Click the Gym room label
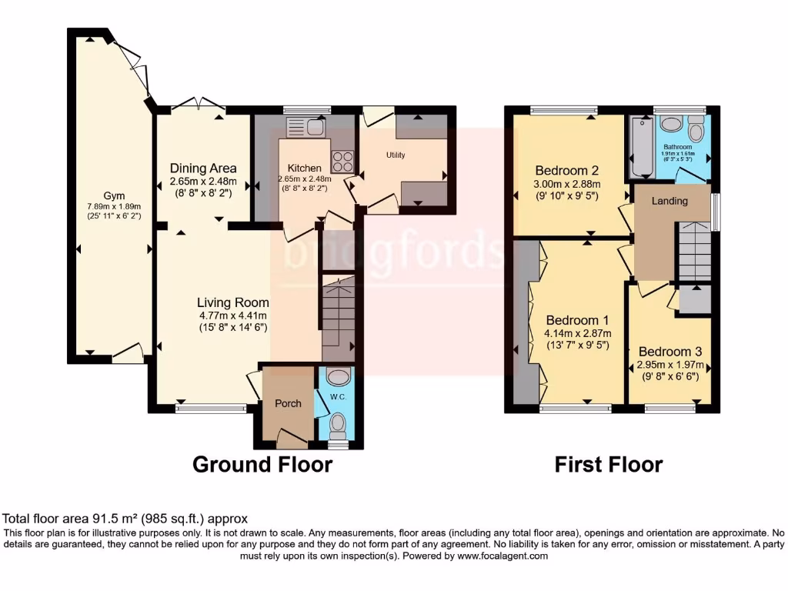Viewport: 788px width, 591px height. click(x=114, y=195)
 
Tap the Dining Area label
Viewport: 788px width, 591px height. click(x=203, y=168)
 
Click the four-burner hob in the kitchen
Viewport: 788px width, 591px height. click(x=342, y=161)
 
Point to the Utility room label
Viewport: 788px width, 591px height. click(x=396, y=155)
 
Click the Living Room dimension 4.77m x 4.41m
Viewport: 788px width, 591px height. click(x=232, y=315)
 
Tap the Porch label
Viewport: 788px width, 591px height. click(x=289, y=403)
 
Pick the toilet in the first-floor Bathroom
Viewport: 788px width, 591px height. click(x=696, y=128)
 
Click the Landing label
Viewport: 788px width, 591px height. click(x=670, y=201)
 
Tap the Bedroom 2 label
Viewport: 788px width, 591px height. click(x=568, y=170)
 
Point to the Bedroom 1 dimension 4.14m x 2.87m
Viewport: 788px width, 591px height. click(x=578, y=333)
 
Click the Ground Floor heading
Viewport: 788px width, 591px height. click(x=262, y=464)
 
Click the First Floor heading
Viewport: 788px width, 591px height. click(x=608, y=464)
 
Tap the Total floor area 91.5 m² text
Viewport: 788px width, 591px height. click(x=125, y=519)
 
